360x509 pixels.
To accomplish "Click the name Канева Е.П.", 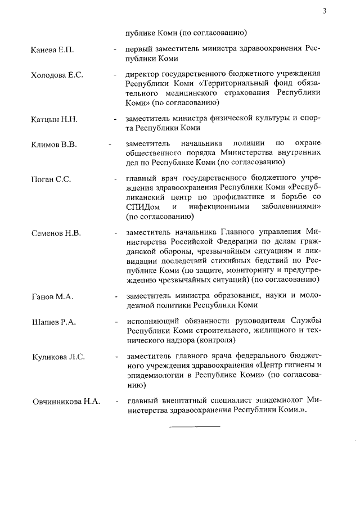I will point(53,50).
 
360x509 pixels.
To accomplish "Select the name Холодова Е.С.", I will point(57,75).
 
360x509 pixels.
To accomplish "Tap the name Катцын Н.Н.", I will point(54,119).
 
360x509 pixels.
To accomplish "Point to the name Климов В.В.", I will point(54,144).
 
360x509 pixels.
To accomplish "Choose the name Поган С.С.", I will point(51,179).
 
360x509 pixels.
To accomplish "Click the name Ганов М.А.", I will point(52,296).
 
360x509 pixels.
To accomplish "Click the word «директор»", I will point(143,74).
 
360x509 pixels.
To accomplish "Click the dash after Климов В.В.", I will point(109,145).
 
